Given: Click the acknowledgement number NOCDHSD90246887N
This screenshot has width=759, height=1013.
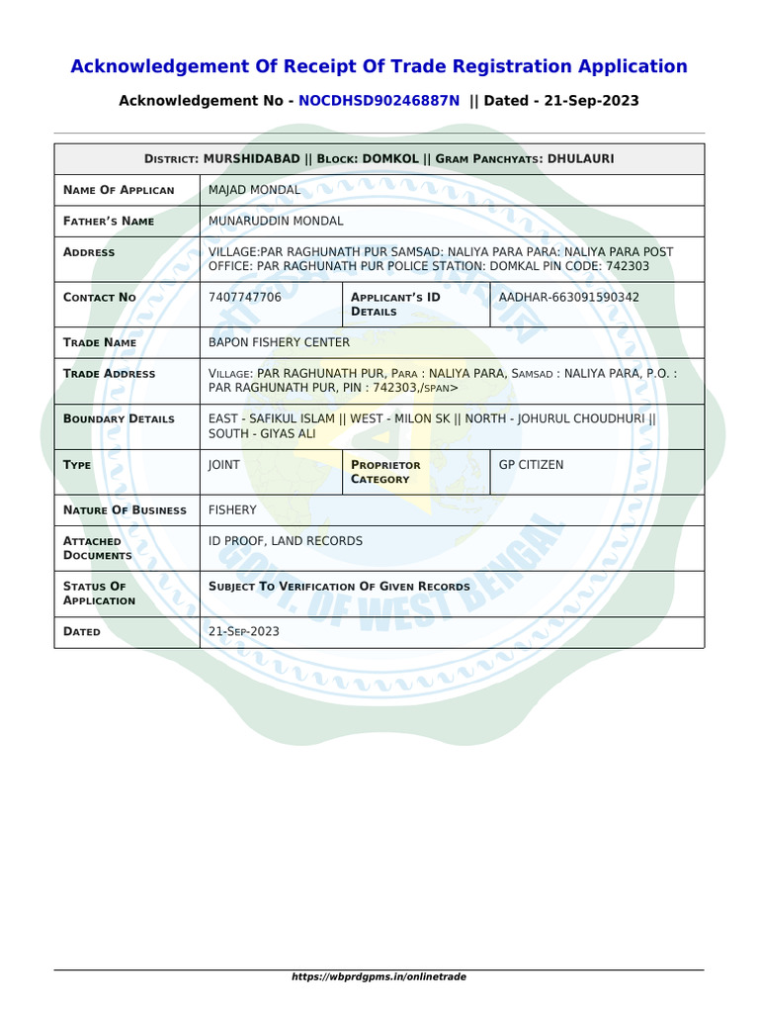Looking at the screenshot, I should point(379,101).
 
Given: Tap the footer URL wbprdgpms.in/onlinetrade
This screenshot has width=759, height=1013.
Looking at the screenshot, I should point(379,976).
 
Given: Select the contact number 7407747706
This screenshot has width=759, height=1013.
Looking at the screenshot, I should point(245,297).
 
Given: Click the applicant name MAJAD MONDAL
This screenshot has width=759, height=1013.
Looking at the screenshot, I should point(255,189).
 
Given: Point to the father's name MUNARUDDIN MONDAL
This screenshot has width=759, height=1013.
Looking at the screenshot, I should point(277,221).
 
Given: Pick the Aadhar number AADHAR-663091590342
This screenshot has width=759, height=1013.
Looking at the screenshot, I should point(569,297).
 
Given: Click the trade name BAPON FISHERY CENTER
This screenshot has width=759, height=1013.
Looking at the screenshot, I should point(280,342).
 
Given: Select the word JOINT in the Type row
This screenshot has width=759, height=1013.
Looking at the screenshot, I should point(224,464).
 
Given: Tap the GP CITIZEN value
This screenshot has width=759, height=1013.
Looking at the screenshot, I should point(532,464).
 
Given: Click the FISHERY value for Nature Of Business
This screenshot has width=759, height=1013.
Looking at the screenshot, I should point(232,509).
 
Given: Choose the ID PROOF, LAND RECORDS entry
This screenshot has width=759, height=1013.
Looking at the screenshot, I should point(286,541).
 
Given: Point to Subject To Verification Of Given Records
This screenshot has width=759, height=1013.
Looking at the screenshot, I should point(339,587).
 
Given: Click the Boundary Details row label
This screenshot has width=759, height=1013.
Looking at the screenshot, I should point(119,418).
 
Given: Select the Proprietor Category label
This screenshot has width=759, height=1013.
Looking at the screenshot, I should point(385,472).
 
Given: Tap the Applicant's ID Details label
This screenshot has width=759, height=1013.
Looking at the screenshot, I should point(395,304).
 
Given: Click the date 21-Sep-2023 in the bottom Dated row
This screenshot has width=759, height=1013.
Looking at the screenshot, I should point(244,631).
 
